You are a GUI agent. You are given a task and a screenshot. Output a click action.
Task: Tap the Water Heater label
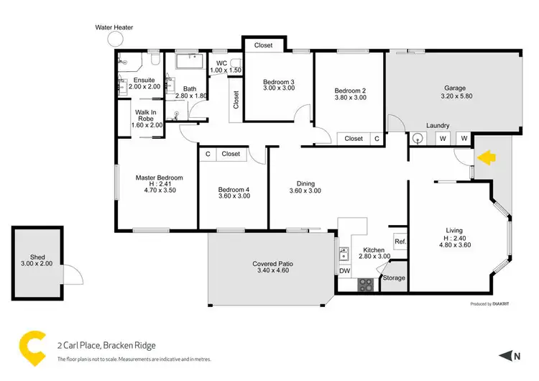point(114,27)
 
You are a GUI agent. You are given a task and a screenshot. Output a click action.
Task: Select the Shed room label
point(37,257)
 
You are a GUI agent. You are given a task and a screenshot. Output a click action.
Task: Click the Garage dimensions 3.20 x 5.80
point(455,96)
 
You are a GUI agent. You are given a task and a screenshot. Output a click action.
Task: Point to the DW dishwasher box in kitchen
point(344,271)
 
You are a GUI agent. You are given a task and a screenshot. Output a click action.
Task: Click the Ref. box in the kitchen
point(400,242)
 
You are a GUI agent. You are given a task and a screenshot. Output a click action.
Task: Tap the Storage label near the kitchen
point(395,277)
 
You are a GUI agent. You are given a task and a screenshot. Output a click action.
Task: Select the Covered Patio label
point(272,264)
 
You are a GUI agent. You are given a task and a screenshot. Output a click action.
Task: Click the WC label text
point(222,63)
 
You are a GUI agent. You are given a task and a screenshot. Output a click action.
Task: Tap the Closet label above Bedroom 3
point(264,45)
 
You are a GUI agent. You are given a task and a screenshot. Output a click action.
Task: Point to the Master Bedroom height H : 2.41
point(160,184)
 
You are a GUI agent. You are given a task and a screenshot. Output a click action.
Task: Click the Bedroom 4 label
point(234,190)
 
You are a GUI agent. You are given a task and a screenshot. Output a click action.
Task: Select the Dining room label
point(305,183)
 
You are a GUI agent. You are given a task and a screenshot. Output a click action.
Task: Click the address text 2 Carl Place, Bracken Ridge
point(106,345)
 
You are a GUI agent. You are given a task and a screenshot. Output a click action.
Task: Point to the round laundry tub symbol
point(419,138)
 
